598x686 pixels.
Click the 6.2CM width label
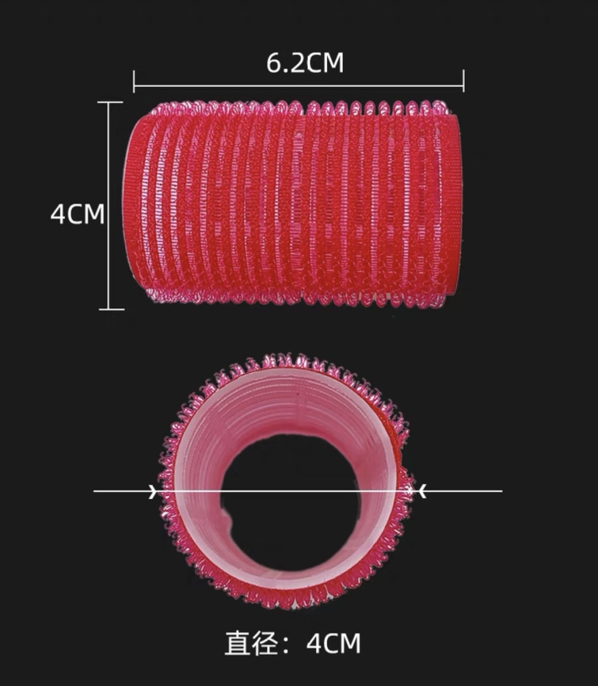click(305, 63)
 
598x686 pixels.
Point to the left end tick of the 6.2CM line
click(134, 81)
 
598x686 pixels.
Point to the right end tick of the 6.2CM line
click(463, 81)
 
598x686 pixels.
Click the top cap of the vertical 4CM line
click(110, 102)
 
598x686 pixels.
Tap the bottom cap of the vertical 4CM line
click(112, 309)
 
